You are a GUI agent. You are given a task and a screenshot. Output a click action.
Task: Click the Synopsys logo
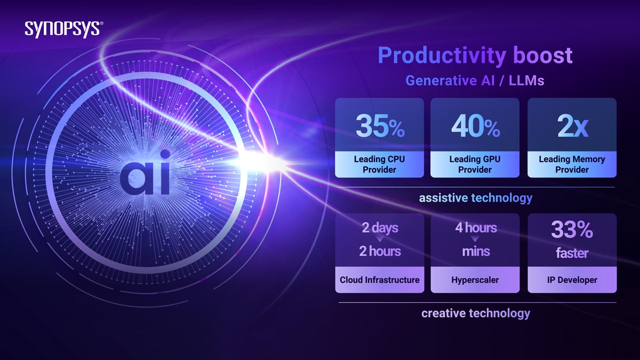pos(64,29)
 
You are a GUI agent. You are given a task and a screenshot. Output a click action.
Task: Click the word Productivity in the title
pos(442,55)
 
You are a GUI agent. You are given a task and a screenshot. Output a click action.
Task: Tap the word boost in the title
pos(543,55)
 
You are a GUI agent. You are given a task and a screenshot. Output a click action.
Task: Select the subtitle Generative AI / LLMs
pos(475,81)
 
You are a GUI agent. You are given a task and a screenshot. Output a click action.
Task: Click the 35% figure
pos(380,126)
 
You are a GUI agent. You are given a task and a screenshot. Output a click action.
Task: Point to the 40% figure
pos(476,126)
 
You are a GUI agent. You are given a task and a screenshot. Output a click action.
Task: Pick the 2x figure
pos(572,126)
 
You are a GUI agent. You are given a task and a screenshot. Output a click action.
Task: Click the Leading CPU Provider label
pos(379,164)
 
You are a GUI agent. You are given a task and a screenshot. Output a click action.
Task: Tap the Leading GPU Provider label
pos(475,164)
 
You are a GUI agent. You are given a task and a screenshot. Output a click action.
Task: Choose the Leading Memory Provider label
pos(572,164)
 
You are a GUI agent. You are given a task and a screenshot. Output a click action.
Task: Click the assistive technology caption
pos(476,198)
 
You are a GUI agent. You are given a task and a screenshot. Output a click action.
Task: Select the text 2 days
pos(380,228)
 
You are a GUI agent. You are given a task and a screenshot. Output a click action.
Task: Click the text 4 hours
pos(476,228)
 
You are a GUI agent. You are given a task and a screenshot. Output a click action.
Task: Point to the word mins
pos(476,251)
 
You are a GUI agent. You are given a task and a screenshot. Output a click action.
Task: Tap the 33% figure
pos(572,230)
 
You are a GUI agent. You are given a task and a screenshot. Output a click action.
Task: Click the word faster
pos(572,253)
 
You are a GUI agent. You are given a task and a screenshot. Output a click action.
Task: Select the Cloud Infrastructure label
pos(380,280)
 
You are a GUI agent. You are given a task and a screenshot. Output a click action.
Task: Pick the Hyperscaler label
pos(475,280)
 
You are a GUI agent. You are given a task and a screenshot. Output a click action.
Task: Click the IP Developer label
pos(572,280)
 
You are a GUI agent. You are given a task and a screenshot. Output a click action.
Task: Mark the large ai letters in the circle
pos(145,172)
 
